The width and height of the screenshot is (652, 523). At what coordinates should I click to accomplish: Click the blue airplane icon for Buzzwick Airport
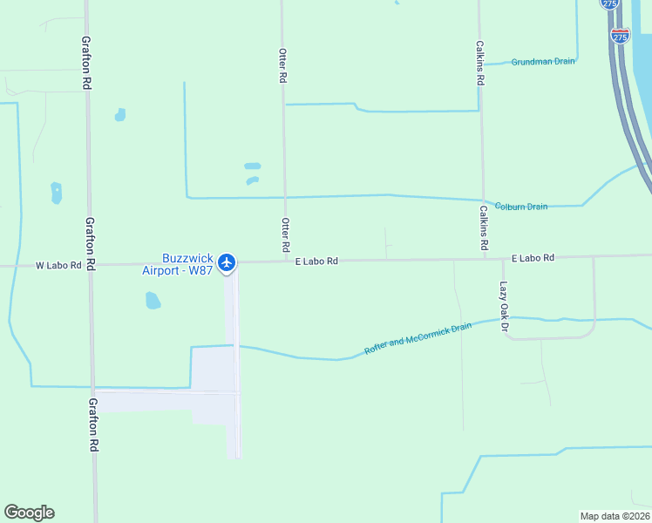(227, 261)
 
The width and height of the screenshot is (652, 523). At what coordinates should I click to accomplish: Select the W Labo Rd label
(58, 265)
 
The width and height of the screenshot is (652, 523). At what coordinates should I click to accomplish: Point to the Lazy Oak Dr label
(503, 302)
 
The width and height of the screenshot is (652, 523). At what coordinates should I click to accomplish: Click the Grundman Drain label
(543, 62)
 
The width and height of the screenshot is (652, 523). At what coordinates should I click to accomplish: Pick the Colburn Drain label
(521, 207)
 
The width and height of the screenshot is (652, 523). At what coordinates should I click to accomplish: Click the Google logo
(29, 513)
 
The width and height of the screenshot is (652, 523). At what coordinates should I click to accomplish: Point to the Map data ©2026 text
(615, 515)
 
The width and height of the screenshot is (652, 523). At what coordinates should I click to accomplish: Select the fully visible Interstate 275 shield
(620, 36)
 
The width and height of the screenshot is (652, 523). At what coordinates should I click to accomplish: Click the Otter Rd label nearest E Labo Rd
(285, 235)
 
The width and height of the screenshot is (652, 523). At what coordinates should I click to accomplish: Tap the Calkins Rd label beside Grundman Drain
(480, 62)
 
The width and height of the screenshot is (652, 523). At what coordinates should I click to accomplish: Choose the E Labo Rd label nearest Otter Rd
(316, 261)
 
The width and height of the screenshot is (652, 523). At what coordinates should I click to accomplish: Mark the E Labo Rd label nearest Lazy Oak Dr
(533, 258)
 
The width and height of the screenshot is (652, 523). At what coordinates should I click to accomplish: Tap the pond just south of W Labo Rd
(153, 301)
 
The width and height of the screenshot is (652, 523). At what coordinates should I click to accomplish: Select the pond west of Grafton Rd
(57, 193)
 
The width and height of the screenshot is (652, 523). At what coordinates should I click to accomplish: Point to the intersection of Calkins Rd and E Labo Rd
(484, 258)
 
